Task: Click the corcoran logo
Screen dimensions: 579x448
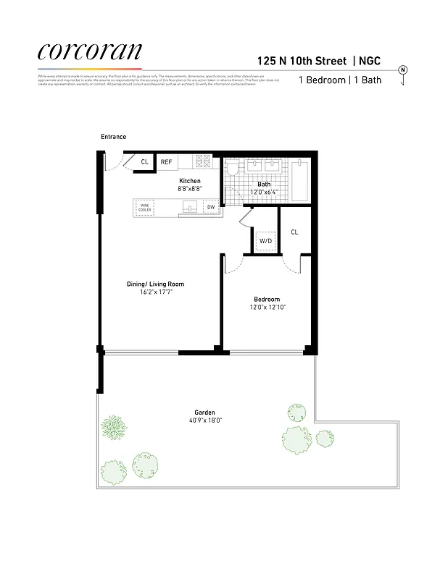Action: (89, 51)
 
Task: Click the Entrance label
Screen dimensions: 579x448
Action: (114, 137)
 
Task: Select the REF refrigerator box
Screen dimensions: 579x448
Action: (166, 162)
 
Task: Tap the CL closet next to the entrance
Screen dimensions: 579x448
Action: (144, 162)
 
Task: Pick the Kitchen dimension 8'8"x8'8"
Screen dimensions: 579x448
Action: (189, 188)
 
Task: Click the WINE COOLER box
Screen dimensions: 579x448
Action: (144, 207)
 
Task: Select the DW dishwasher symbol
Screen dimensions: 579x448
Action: (211, 208)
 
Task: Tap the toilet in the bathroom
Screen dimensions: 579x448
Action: (233, 170)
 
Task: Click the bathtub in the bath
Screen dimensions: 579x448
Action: (300, 181)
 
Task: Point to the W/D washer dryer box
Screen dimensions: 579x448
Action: (265, 240)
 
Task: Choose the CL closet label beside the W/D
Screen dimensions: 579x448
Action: (294, 232)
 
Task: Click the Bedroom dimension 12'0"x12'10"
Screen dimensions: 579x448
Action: (266, 307)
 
